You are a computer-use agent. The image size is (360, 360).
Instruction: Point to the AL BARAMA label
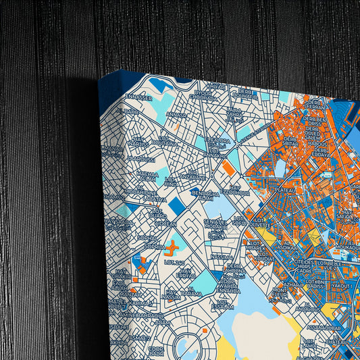click(192, 294)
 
